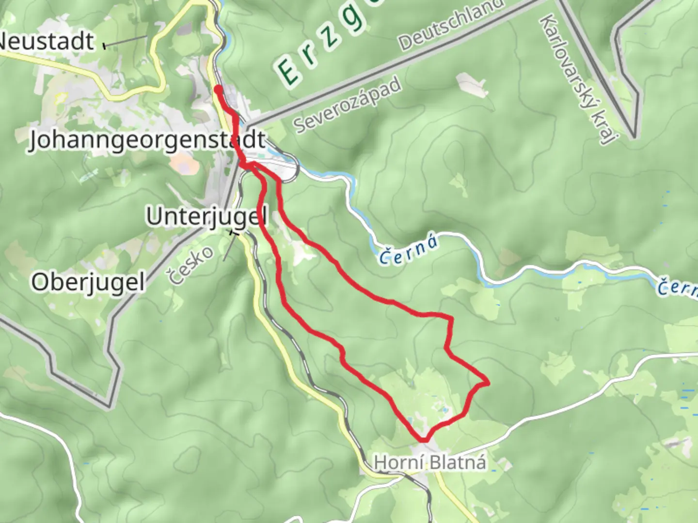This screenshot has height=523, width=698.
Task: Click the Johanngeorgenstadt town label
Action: (147, 140)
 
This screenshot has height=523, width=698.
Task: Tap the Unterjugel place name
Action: (207, 216)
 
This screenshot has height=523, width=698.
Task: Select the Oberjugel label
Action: (88, 282)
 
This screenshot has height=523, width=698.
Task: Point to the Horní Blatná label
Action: (429, 462)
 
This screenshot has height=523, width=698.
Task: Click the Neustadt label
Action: (46, 41)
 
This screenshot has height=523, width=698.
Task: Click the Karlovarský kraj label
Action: (576, 79)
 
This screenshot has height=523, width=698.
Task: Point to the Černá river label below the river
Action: (408, 251)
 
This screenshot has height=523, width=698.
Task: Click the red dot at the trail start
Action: (219, 89)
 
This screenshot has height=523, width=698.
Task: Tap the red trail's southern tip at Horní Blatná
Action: (424, 440)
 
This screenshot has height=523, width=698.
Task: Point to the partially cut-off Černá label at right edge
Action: (679, 288)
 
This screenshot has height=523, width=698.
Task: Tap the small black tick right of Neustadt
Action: (104, 46)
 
